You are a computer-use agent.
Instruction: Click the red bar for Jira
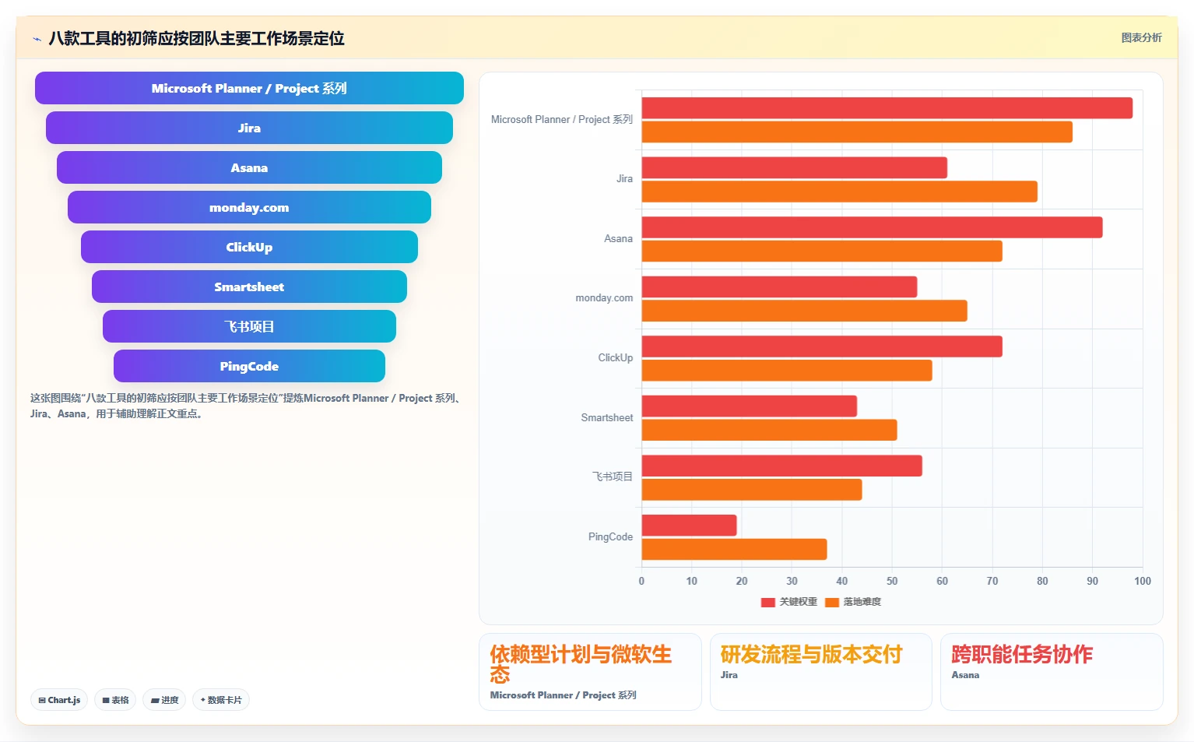point(794,168)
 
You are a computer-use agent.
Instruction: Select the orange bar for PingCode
point(734,550)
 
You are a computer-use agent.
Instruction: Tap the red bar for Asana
point(872,227)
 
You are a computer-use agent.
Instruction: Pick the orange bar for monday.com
point(804,311)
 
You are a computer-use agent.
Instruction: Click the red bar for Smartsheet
point(749,406)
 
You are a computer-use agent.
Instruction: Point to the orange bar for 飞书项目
point(752,490)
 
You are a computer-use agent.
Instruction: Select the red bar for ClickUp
point(822,346)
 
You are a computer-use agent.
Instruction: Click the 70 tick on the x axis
point(992,581)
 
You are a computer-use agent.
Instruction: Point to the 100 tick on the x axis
point(1143,581)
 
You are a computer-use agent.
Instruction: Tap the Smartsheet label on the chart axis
point(606,417)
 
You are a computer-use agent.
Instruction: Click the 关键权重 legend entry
point(789,602)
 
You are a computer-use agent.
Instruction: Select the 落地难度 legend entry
point(853,602)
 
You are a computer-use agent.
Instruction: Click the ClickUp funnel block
point(249,247)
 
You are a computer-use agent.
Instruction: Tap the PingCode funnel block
point(249,366)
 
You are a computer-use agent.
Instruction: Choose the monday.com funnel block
point(249,207)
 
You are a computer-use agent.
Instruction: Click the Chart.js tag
point(59,700)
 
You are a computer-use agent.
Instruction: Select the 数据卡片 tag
point(221,700)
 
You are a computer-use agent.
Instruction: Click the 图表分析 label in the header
point(1141,38)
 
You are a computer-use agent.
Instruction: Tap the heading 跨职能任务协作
point(1022,655)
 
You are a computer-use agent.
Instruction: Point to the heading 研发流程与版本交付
point(811,655)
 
